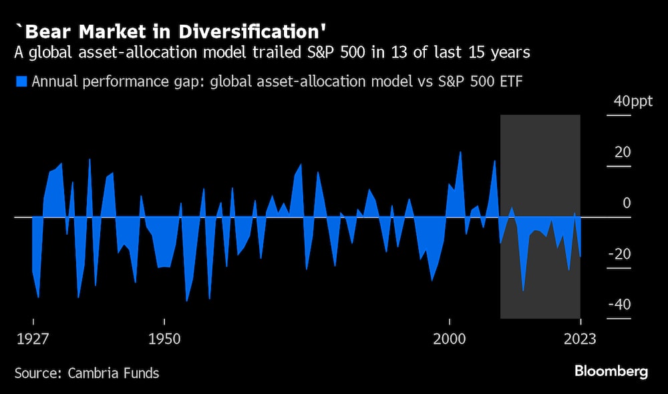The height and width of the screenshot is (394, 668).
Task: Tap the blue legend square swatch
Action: [20, 82]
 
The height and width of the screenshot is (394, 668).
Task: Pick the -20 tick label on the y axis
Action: [621, 254]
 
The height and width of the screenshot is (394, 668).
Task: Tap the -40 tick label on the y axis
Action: [621, 305]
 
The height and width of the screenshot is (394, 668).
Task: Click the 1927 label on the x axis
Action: [33, 338]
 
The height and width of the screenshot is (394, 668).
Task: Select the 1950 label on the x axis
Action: [164, 338]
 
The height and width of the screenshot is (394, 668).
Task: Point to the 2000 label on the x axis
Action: [450, 338]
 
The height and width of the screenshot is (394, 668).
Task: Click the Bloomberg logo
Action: [611, 372]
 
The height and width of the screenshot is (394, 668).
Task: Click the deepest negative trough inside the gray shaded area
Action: [523, 290]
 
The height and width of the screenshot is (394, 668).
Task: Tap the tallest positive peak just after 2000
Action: [460, 153]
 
